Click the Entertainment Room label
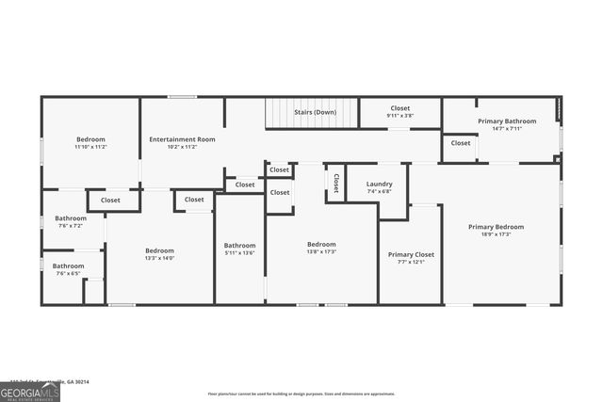(182, 139)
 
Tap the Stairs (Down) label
(315, 112)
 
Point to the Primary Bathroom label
(507, 121)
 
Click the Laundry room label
(379, 184)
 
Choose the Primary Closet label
(411, 254)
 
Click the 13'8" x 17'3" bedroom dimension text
(321, 251)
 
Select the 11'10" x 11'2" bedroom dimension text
(90, 147)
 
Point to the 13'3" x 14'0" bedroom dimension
(159, 258)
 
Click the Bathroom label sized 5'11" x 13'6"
(239, 245)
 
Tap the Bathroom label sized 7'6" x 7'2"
(71, 218)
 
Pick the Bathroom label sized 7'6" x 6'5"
(68, 265)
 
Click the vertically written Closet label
(335, 183)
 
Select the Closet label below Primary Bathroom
(460, 143)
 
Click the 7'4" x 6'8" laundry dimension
(379, 191)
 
